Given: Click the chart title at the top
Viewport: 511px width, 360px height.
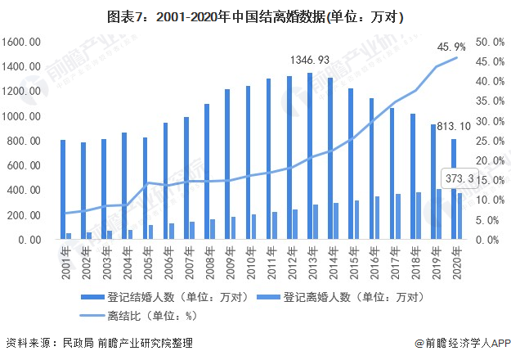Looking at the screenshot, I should tap(255, 16).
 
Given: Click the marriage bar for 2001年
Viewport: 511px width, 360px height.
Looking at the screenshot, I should tap(63, 189).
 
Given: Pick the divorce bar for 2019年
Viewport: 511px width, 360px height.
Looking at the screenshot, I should tap(438, 214).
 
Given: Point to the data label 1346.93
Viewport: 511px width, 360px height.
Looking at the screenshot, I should tap(311, 60).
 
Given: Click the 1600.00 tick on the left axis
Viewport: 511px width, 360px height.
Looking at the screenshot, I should tap(22, 42).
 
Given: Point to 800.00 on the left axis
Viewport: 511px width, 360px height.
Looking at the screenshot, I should tap(25, 141).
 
